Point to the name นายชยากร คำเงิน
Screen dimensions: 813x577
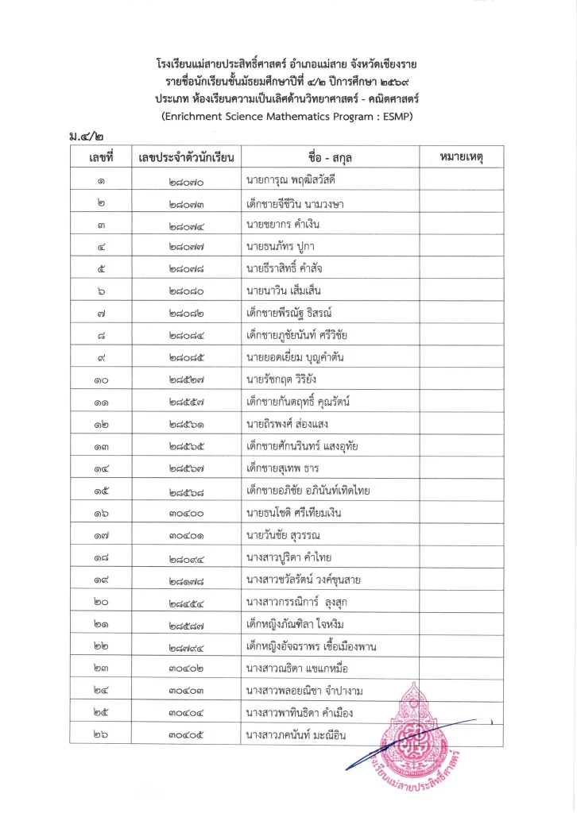tap(283, 225)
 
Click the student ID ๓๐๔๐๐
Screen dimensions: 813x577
tap(185, 512)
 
